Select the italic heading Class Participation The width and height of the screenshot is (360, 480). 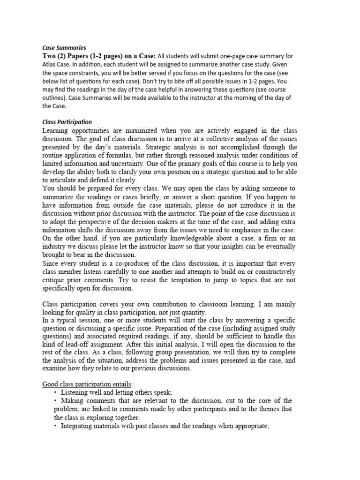[x=67, y=122]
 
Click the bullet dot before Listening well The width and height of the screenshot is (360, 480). [x=56, y=392]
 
